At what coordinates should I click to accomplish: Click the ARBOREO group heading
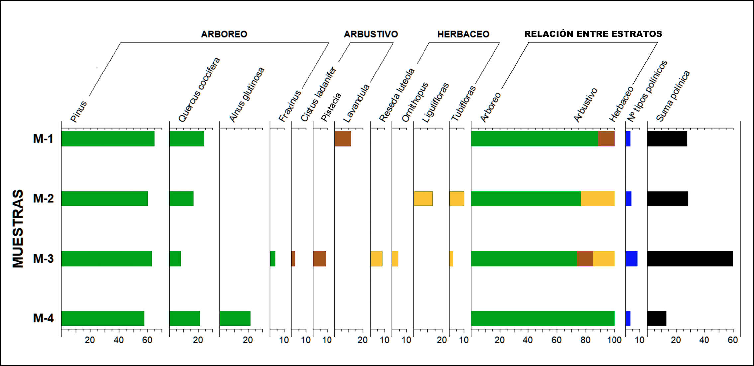click(x=224, y=34)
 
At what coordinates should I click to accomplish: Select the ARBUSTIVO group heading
click(x=371, y=34)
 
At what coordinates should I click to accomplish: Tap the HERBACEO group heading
click(x=463, y=34)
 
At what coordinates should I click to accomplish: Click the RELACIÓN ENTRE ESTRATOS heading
click(x=593, y=34)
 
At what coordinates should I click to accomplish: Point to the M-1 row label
click(x=43, y=139)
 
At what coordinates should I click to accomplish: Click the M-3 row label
click(x=43, y=259)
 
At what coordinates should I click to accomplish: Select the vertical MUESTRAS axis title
click(x=18, y=229)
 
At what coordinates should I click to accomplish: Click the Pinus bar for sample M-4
click(x=103, y=318)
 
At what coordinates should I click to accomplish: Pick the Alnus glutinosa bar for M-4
click(x=235, y=318)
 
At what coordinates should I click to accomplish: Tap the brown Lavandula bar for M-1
click(x=343, y=139)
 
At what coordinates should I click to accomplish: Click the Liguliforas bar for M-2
click(x=423, y=199)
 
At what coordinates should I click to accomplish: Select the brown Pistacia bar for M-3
click(x=319, y=259)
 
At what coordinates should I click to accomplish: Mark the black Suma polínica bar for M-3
click(x=690, y=259)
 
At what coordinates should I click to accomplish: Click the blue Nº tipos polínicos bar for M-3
click(x=631, y=259)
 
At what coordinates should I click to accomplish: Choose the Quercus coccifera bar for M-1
click(x=187, y=139)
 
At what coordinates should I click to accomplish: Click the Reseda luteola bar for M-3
click(x=376, y=259)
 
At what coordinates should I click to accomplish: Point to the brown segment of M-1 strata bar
click(x=606, y=139)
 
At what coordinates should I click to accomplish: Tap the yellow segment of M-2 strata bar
click(x=598, y=199)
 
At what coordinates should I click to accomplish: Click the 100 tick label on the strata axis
click(x=614, y=340)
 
